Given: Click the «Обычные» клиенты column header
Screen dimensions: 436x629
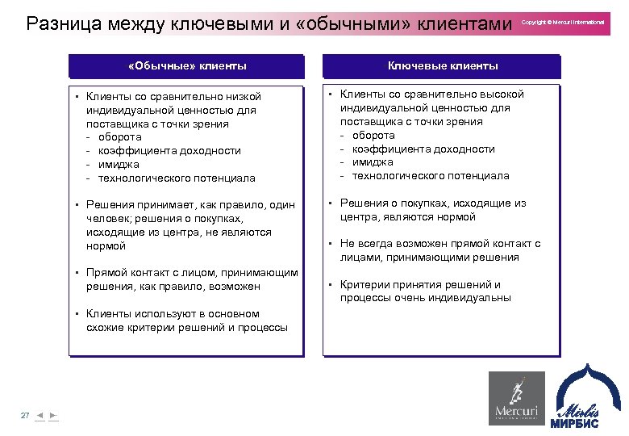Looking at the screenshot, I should pyautogui.click(x=187, y=65).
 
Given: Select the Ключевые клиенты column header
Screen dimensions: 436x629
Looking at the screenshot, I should pyautogui.click(x=442, y=65).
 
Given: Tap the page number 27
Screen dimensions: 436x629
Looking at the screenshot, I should pyautogui.click(x=24, y=415).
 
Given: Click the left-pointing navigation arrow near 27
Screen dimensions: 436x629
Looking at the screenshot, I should pyautogui.click(x=40, y=415).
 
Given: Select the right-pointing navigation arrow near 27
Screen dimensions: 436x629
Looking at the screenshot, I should pyautogui.click(x=52, y=415).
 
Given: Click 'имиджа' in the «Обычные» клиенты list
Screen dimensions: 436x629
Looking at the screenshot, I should pyautogui.click(x=119, y=164).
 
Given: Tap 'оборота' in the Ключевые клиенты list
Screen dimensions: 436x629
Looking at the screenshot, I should pyautogui.click(x=373, y=136).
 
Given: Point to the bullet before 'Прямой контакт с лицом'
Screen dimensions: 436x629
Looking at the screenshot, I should pyautogui.click(x=75, y=273).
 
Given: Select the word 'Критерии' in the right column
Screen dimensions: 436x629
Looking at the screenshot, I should pyautogui.click(x=364, y=284).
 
